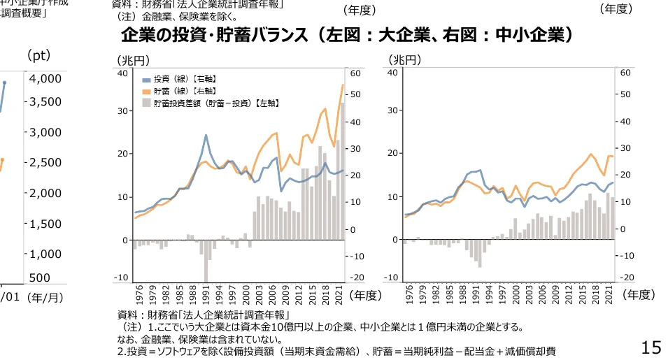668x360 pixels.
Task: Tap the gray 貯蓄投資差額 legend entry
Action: [x=210, y=103]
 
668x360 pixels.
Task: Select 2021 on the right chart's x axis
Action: [x=609, y=294]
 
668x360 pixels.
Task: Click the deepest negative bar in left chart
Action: [x=208, y=260]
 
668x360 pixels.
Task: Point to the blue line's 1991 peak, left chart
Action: [x=206, y=135]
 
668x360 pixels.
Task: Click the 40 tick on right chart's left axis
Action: [x=394, y=73]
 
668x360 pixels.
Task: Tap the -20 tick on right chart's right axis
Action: [x=626, y=278]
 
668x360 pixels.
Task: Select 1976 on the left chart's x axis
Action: [x=134, y=294]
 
